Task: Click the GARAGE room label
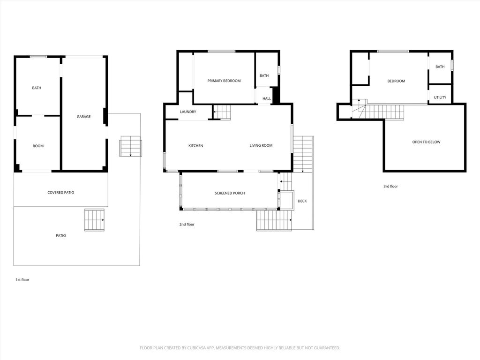pyautogui.click(x=83, y=117)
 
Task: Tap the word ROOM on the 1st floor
pyautogui.click(x=38, y=146)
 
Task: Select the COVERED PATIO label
pyautogui.click(x=60, y=193)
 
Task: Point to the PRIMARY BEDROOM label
pyautogui.click(x=224, y=81)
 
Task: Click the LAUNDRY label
pyautogui.click(x=188, y=112)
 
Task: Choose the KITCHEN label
pyautogui.click(x=195, y=146)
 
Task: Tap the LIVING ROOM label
pyautogui.click(x=261, y=145)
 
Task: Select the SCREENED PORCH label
pyautogui.click(x=230, y=193)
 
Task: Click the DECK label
pyautogui.click(x=302, y=201)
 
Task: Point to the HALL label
pyautogui.click(x=267, y=98)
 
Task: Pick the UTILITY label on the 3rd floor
pyautogui.click(x=440, y=97)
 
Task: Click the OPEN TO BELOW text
pyautogui.click(x=426, y=142)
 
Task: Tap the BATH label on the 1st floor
pyautogui.click(x=37, y=88)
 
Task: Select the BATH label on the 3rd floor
pyautogui.click(x=440, y=67)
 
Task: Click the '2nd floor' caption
pyautogui.click(x=187, y=225)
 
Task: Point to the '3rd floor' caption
pyautogui.click(x=390, y=187)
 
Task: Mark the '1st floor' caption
pyautogui.click(x=22, y=280)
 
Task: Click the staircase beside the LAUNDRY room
pyautogui.click(x=222, y=112)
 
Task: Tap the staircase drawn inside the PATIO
pyautogui.click(x=94, y=220)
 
